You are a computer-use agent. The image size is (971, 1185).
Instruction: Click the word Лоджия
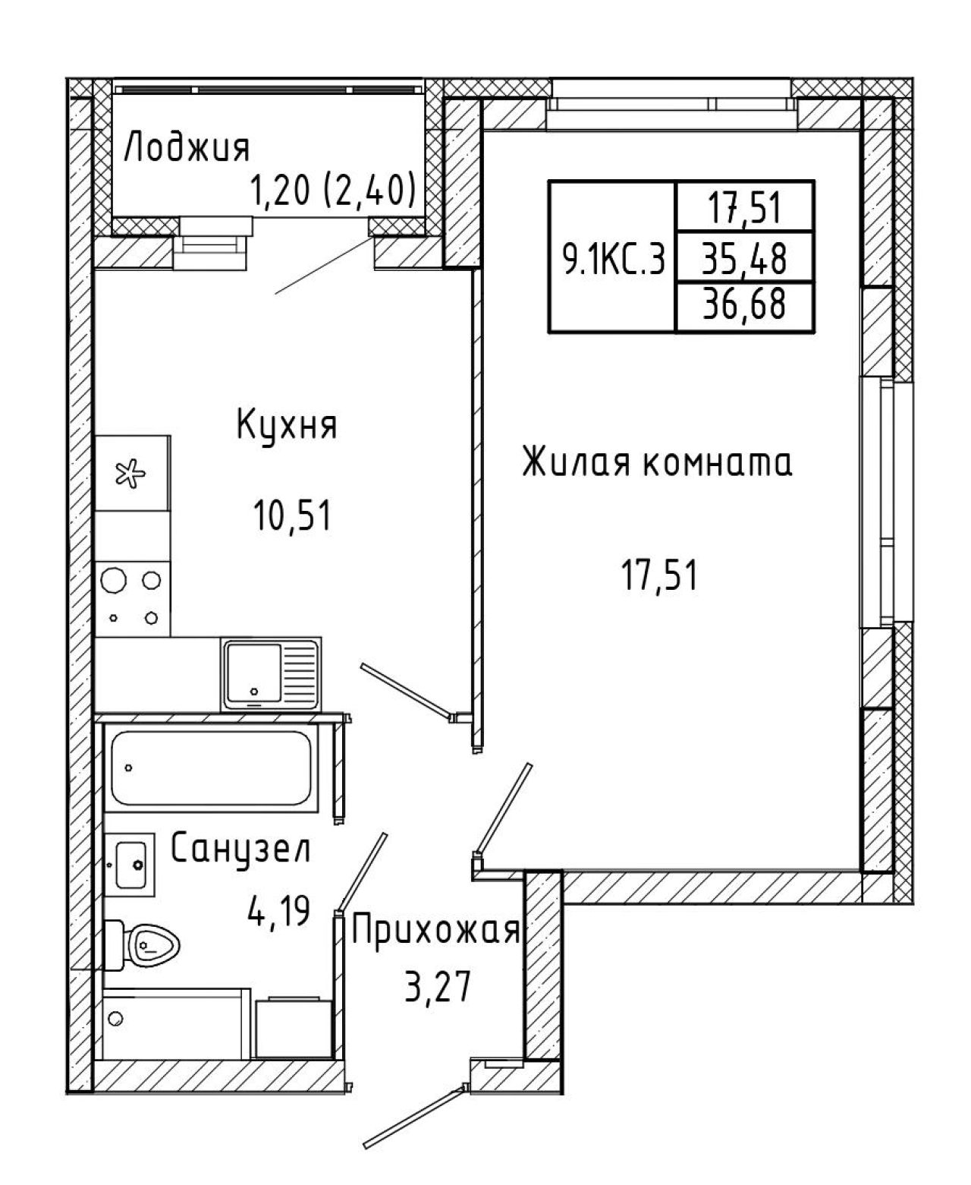[x=187, y=148]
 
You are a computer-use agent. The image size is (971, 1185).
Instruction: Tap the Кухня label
[x=287, y=426]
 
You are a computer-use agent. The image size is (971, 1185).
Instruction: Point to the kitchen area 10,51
[x=292, y=515]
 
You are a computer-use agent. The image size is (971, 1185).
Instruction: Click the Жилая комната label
[x=657, y=462]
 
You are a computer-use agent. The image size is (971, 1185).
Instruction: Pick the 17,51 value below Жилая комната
[x=659, y=576]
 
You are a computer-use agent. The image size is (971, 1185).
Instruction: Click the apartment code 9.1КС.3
[x=614, y=261]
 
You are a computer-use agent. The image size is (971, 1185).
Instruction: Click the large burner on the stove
[x=114, y=580]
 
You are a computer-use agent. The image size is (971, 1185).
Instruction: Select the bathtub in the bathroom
[x=211, y=768]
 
